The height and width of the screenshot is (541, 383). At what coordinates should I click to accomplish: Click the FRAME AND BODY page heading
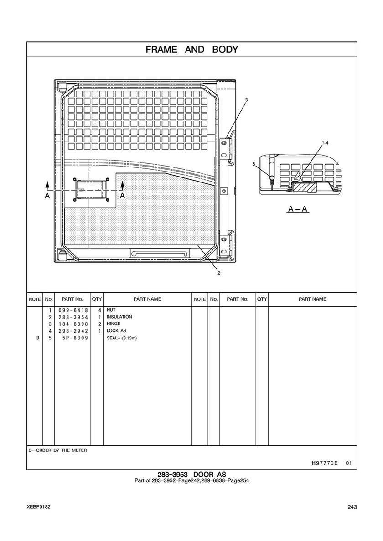point(192,49)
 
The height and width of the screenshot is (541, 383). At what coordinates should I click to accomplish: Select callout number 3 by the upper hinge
point(247,100)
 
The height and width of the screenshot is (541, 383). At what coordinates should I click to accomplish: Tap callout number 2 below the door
point(219,273)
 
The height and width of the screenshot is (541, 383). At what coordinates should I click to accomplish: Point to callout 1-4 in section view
point(325,142)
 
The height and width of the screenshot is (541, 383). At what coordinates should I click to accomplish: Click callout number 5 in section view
point(254,164)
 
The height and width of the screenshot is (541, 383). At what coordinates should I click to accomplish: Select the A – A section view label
point(298,209)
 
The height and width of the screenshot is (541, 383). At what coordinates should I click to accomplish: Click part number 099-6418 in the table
point(73,310)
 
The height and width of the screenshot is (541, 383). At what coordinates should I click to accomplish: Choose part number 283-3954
point(73,317)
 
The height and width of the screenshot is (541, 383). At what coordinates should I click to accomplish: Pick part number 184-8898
point(73,324)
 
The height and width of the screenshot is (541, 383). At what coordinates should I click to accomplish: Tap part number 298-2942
point(73,331)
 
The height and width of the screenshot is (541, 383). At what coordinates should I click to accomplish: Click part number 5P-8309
point(75,338)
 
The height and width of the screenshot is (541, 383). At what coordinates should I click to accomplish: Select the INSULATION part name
point(119,317)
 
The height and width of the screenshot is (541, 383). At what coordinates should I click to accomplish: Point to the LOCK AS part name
point(116,330)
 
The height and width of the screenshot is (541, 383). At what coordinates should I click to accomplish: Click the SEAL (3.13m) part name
point(122,338)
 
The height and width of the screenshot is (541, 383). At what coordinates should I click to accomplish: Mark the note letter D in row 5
point(38,338)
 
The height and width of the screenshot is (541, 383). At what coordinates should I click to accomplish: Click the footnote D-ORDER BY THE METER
point(58,450)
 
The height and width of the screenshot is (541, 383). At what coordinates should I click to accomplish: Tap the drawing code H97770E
point(325,463)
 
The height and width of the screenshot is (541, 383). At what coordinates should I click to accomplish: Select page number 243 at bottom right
point(352,507)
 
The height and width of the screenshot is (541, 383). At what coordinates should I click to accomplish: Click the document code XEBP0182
point(38,507)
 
